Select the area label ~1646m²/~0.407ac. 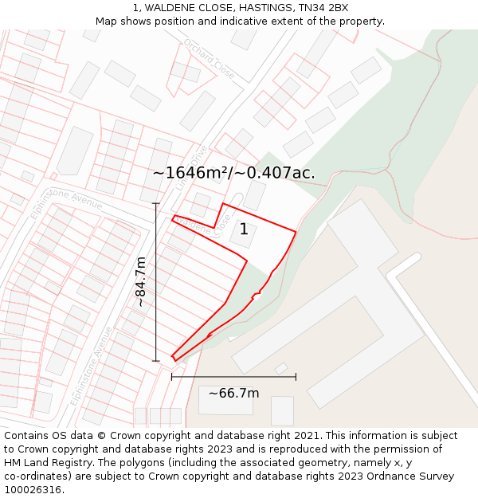pos(233,173)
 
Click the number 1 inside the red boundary pos(244,229)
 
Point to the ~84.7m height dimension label pos(141,281)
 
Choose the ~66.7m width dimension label pos(233,393)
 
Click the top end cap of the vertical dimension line pos(156,204)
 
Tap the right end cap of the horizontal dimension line pos(296,377)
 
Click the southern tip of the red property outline pos(175,360)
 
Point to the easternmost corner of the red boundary pos(296,233)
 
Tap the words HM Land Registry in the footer pos(41,463)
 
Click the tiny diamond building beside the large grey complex pos(280,368)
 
